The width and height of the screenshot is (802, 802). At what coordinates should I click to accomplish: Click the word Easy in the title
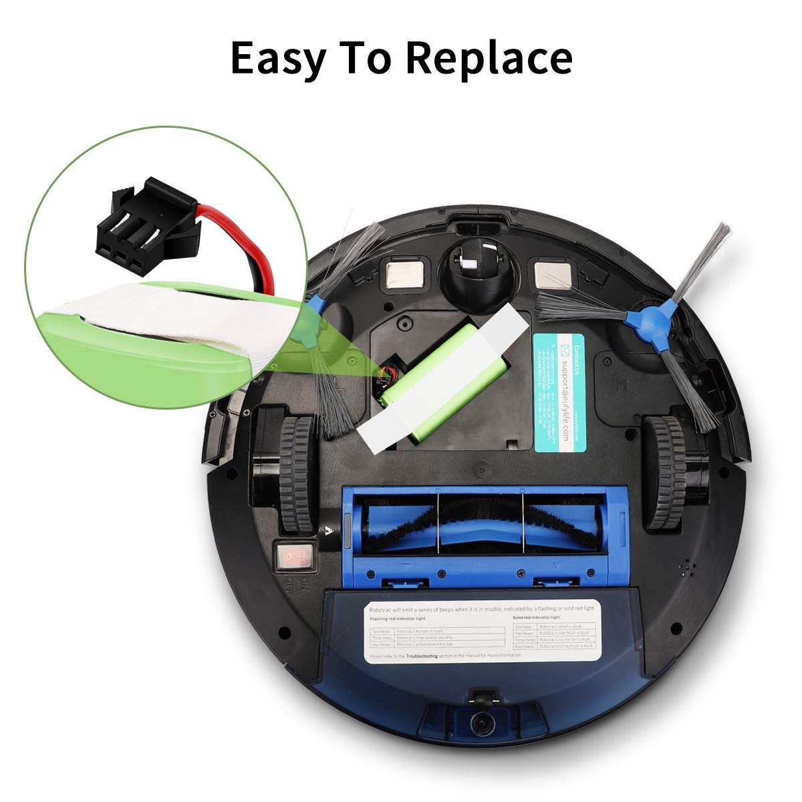pyautogui.click(x=277, y=59)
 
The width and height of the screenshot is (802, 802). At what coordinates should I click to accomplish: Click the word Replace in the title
pyautogui.click(x=489, y=59)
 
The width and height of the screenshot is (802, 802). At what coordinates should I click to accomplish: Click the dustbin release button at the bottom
pyautogui.click(x=479, y=721)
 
